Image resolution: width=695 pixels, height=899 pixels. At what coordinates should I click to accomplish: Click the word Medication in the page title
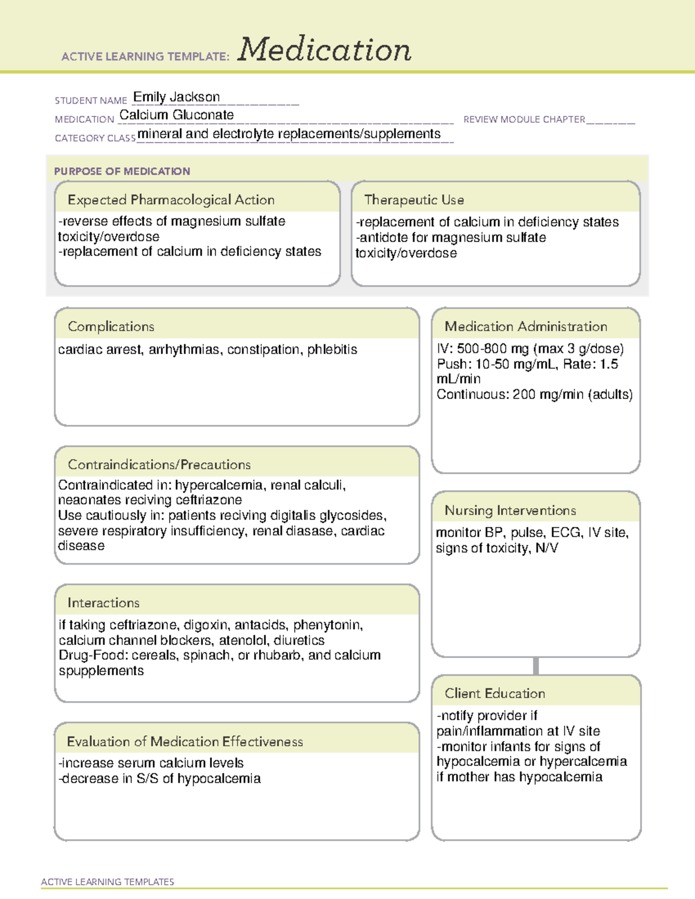tap(324, 50)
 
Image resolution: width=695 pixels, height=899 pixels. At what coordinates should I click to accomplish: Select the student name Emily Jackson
tap(177, 97)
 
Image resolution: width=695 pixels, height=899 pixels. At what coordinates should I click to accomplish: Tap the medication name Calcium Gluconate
tap(177, 115)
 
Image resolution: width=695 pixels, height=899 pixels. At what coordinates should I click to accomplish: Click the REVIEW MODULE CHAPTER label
tap(524, 119)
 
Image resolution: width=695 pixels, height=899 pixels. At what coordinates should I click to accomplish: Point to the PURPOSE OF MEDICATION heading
tap(122, 171)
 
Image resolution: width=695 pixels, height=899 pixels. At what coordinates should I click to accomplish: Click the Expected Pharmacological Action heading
tap(171, 200)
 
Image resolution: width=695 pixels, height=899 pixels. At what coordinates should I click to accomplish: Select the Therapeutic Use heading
tap(414, 200)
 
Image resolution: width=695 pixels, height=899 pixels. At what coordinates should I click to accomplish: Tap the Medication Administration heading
tap(526, 326)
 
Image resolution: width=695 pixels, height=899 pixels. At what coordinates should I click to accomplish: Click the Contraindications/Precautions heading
tap(159, 465)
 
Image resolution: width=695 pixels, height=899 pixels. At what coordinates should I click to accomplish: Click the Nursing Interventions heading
tap(510, 511)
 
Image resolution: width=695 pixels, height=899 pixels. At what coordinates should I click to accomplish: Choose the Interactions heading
tap(104, 603)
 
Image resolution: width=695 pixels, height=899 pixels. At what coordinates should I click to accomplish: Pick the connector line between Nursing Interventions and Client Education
tap(536, 666)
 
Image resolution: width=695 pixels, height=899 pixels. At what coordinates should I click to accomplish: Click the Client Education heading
tap(495, 693)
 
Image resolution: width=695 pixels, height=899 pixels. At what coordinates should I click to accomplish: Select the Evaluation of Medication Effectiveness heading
tap(185, 742)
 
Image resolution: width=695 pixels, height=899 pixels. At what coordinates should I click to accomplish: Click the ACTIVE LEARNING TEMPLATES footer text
tap(108, 882)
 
